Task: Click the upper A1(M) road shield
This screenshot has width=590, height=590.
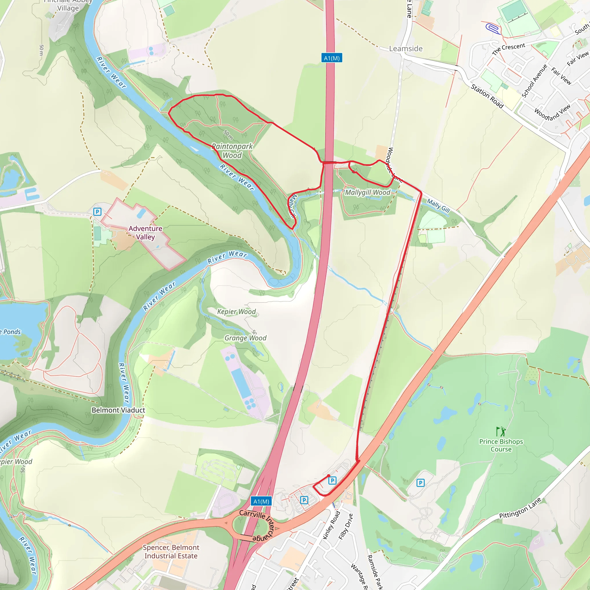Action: [x=332, y=58]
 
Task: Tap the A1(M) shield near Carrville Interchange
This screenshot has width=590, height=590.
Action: [x=261, y=501]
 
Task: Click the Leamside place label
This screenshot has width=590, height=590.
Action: [x=406, y=49]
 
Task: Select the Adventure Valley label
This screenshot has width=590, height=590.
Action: [x=145, y=233]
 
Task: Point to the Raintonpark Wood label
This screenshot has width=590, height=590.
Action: [x=232, y=151]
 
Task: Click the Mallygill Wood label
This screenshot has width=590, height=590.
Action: [x=367, y=192]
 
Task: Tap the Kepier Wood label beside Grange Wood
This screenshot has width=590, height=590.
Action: [x=236, y=311]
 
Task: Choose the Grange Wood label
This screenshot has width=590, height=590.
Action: [x=245, y=338]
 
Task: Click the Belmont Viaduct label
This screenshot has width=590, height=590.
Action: [x=118, y=410]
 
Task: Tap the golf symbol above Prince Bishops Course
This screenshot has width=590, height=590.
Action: [x=501, y=432]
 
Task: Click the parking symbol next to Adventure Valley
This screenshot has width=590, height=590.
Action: [x=97, y=211]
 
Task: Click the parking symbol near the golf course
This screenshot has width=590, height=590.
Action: [x=420, y=483]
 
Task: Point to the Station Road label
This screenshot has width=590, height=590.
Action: [x=487, y=96]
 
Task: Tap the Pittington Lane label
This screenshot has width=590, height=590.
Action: [x=520, y=508]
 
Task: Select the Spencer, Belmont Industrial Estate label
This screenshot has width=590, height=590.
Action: [x=171, y=551]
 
